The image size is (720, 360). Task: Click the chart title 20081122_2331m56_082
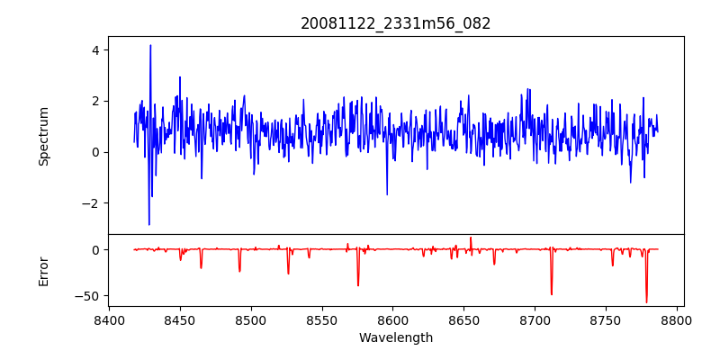coord(396,23)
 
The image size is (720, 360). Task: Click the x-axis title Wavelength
coord(396,337)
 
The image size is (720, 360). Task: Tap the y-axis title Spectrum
coord(43,136)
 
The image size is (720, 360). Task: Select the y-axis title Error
coord(43,271)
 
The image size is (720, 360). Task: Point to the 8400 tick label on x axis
coord(109,320)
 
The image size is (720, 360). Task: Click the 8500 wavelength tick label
coord(251,320)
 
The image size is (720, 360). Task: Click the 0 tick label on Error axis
coord(94,249)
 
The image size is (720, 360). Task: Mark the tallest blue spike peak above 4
coord(150,45)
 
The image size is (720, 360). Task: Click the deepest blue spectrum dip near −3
coord(149,224)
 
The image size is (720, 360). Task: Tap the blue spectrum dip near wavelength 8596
coord(387,194)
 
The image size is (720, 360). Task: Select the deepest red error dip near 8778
coord(646,302)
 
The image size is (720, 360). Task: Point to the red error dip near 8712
coord(552,294)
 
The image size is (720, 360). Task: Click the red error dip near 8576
coord(358,285)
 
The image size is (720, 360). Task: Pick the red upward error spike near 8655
coord(470,238)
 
